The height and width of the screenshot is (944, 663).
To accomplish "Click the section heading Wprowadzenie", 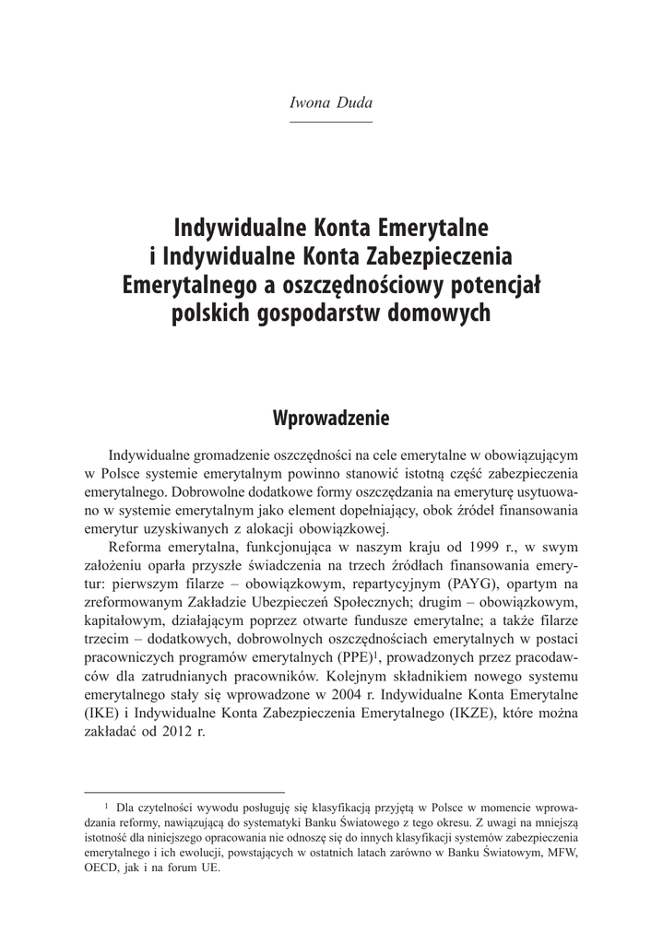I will point(331,419).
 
